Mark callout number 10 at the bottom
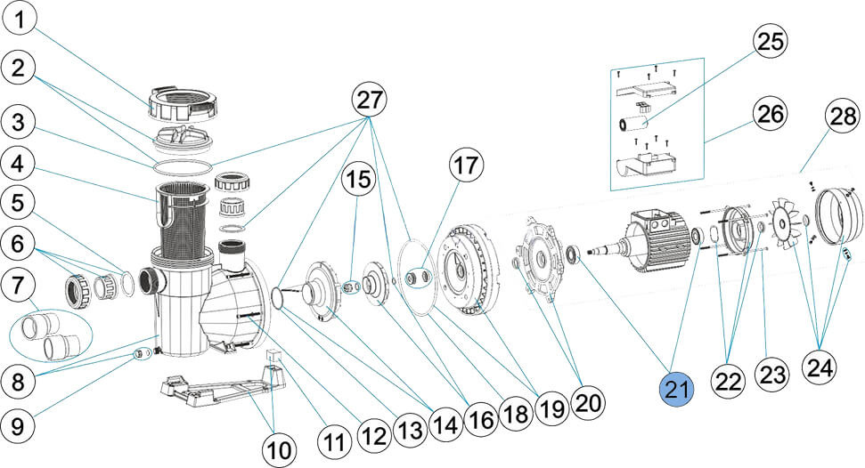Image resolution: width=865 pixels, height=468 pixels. (280, 450)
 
